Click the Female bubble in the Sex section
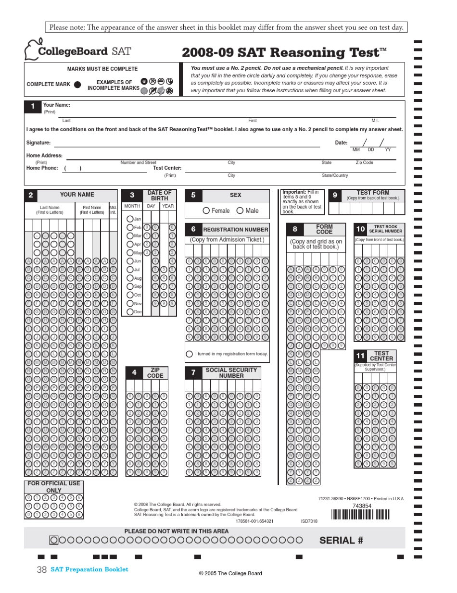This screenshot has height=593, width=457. (206, 210)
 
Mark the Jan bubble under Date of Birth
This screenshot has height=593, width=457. (130, 219)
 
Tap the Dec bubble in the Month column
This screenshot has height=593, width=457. (130, 312)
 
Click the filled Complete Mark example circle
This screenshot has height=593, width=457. (77, 85)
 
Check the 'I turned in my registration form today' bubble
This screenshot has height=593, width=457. (190, 354)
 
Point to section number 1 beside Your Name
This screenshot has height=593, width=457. (33, 107)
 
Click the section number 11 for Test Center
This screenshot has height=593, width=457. (360, 356)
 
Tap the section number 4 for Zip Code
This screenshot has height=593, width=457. (134, 372)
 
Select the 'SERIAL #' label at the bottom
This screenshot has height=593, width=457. (341, 540)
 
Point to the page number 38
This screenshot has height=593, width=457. (41, 569)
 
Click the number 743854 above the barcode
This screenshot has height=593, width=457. (362, 506)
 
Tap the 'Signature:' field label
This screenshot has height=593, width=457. (38, 143)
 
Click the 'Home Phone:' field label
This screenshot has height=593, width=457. (42, 168)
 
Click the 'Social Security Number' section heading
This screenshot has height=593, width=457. (231, 372)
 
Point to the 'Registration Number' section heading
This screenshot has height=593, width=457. (235, 230)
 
